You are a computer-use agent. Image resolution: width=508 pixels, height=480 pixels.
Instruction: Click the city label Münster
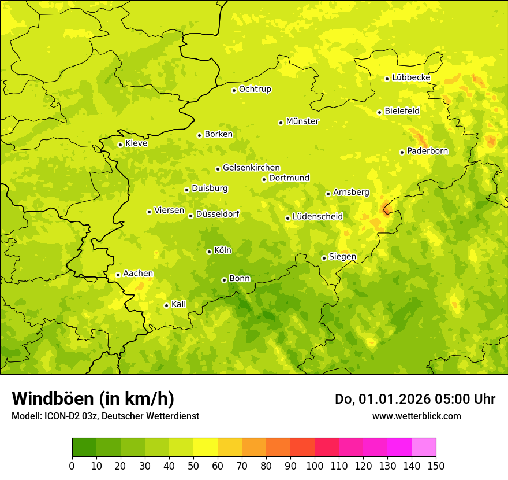click(302, 121)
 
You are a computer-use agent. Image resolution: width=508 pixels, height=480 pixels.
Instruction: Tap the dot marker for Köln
click(209, 252)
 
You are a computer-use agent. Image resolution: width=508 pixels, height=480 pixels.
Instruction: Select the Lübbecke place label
click(411, 77)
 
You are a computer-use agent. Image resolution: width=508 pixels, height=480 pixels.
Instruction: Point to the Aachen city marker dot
click(118, 275)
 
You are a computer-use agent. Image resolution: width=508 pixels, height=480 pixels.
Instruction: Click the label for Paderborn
click(427, 151)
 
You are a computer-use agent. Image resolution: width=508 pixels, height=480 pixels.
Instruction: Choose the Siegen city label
click(342, 257)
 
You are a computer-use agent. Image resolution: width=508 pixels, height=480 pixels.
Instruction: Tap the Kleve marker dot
click(120, 145)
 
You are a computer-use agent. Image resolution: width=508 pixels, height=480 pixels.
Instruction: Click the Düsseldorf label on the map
click(218, 215)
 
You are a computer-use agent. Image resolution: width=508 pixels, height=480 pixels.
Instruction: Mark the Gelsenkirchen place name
click(251, 168)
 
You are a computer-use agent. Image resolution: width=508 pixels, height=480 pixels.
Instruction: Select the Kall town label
click(179, 304)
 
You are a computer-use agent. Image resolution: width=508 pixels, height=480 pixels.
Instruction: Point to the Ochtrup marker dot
click(234, 90)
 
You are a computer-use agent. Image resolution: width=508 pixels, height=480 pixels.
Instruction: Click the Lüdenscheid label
click(317, 217)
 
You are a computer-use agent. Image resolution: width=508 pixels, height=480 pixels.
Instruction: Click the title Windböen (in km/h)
click(93, 398)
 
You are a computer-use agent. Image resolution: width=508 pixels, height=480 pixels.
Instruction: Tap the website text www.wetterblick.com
click(416, 416)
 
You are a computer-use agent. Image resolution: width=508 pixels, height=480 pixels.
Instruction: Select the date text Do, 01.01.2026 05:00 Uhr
click(415, 399)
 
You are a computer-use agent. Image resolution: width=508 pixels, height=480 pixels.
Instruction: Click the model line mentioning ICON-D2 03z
click(105, 416)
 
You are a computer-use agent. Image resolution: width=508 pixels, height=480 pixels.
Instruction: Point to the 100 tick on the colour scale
click(315, 466)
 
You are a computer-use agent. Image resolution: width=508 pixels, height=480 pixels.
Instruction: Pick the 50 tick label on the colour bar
click(193, 466)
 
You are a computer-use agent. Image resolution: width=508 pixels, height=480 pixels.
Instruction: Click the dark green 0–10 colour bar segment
click(84, 448)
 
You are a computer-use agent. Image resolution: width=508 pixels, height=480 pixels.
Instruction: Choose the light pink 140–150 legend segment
click(424, 448)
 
